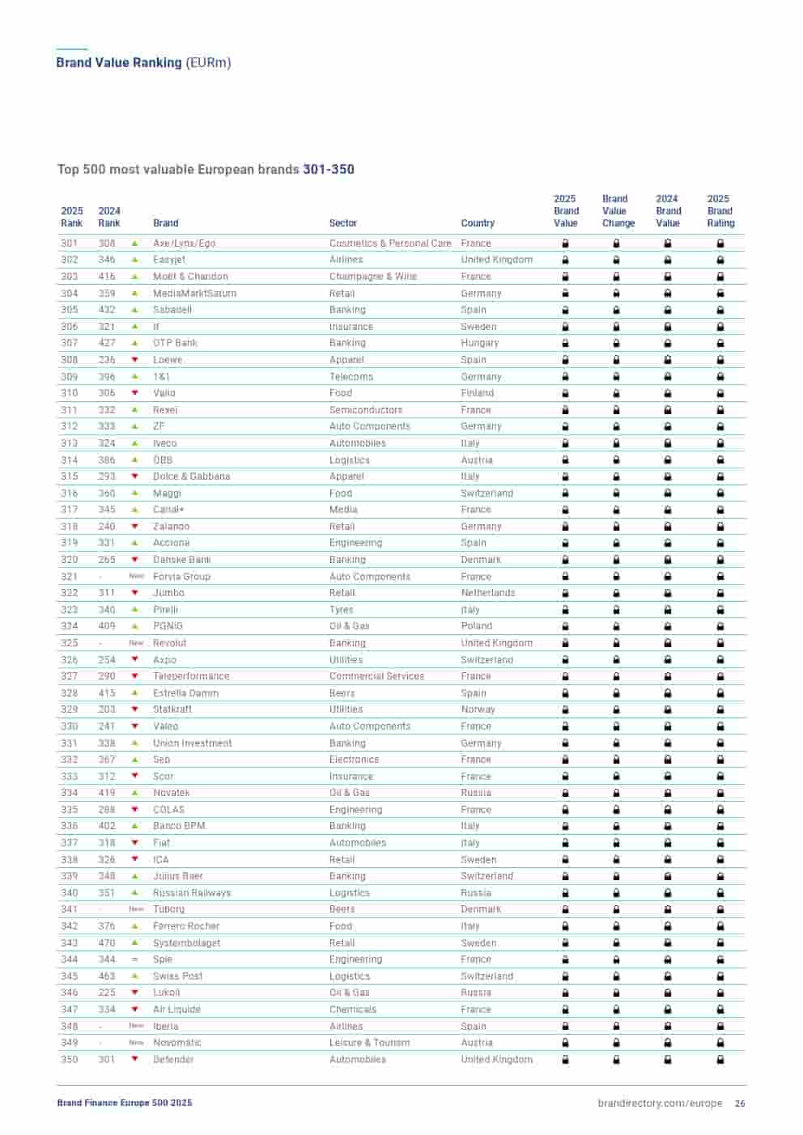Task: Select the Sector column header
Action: [x=342, y=223]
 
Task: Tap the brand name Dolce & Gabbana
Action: [x=191, y=476]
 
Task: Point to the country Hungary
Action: [x=479, y=343]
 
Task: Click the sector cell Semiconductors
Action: [x=365, y=410]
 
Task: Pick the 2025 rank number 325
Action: [x=70, y=643]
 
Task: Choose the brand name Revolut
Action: [x=169, y=643]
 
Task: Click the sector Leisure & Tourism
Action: [x=369, y=1043]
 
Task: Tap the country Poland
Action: [x=476, y=626]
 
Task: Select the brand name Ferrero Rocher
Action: [x=186, y=926]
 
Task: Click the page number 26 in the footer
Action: [x=740, y=1103]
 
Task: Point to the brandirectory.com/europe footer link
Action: [x=660, y=1103]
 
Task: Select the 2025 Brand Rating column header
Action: [x=720, y=211]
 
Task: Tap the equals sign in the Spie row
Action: [x=135, y=959]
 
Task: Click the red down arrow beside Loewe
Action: [x=135, y=360]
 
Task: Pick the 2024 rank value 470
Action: [x=107, y=943]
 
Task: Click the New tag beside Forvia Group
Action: [x=136, y=577]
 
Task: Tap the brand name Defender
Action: [x=173, y=1060]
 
